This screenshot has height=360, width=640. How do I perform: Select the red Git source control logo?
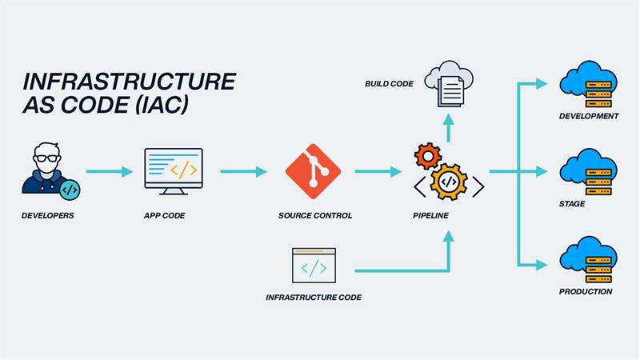point(313,171)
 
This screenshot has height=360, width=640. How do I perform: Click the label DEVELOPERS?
point(47,216)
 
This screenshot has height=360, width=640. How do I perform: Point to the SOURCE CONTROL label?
point(314,216)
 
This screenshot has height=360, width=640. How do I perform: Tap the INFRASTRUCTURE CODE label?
point(314,298)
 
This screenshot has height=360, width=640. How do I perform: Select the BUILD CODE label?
point(389,83)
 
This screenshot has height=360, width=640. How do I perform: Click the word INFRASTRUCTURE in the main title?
point(129,82)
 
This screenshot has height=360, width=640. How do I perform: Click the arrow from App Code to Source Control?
point(242,171)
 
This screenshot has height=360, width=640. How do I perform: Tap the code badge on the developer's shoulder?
point(70,190)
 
